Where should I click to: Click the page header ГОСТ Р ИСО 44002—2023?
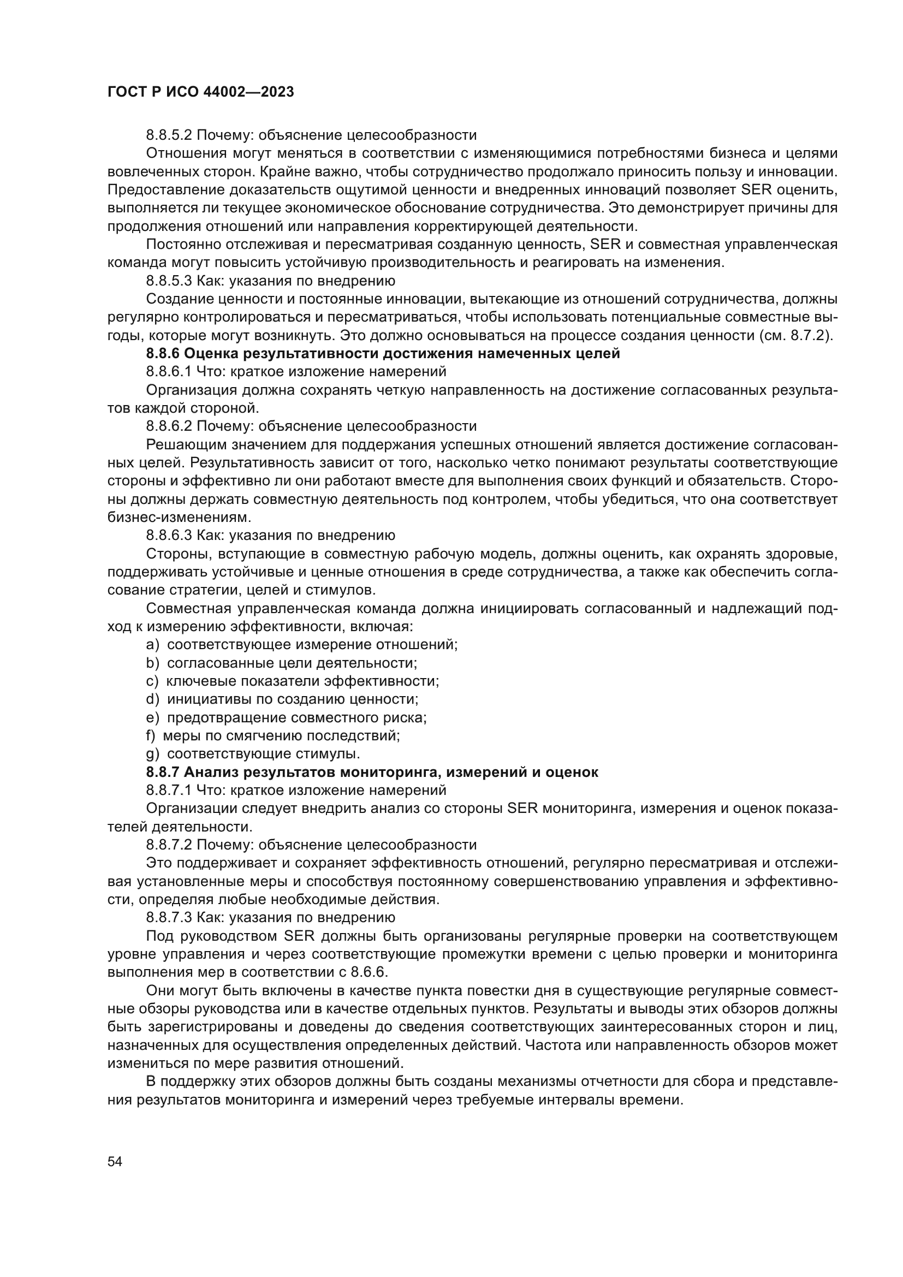[x=200, y=92]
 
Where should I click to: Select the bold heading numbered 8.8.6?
[x=383, y=353]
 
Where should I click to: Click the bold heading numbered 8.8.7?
[x=372, y=772]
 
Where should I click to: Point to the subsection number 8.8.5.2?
[x=169, y=135]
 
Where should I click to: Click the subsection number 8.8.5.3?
[x=169, y=281]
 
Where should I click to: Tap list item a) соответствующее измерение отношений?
[x=301, y=645]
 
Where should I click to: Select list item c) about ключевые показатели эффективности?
[x=293, y=681]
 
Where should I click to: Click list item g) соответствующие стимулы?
[x=253, y=753]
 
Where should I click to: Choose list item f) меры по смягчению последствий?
[x=273, y=736]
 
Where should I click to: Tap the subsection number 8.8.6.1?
[x=169, y=372]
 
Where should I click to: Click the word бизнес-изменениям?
[x=179, y=517]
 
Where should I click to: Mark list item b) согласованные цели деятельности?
[x=281, y=663]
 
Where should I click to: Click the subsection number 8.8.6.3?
[x=169, y=536]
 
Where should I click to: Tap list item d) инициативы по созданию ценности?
[x=282, y=699]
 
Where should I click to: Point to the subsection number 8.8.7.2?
[x=169, y=845]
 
